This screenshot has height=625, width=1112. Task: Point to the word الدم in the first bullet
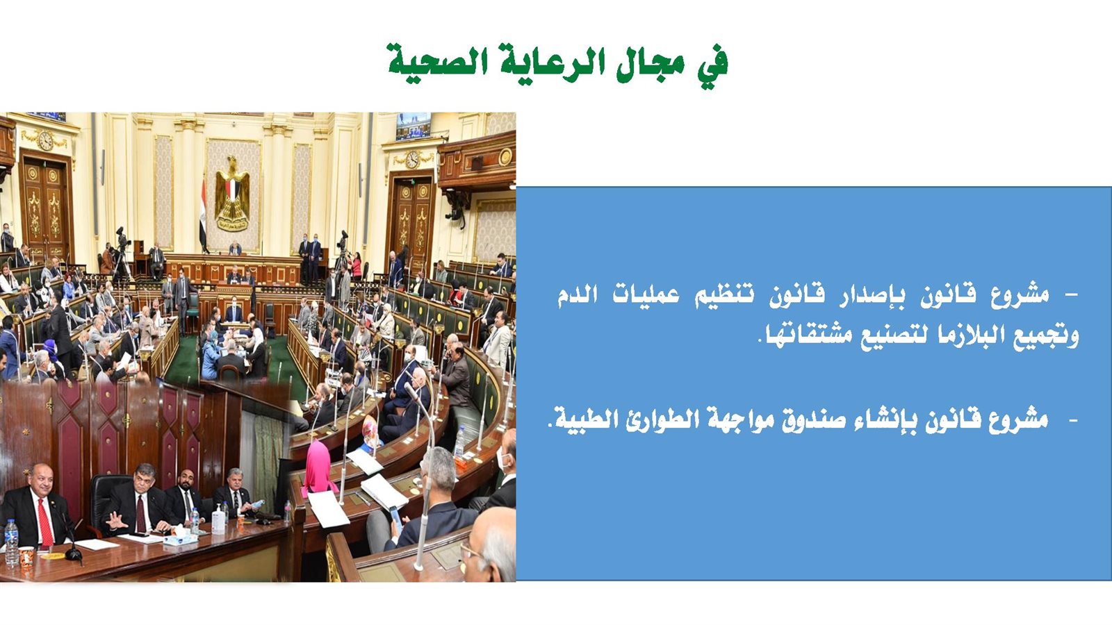pyautogui.click(x=575, y=295)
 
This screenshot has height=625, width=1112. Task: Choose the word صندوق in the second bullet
pyautogui.click(x=794, y=420)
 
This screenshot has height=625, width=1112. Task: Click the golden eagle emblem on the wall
pyautogui.click(x=232, y=194)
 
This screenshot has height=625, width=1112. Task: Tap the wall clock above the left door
pyautogui.click(x=45, y=142)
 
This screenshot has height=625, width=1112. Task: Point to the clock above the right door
pyautogui.click(x=412, y=160)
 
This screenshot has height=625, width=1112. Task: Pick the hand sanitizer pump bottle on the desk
pyautogui.click(x=218, y=518)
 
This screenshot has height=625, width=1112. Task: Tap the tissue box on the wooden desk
pyautogui.click(x=180, y=537)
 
